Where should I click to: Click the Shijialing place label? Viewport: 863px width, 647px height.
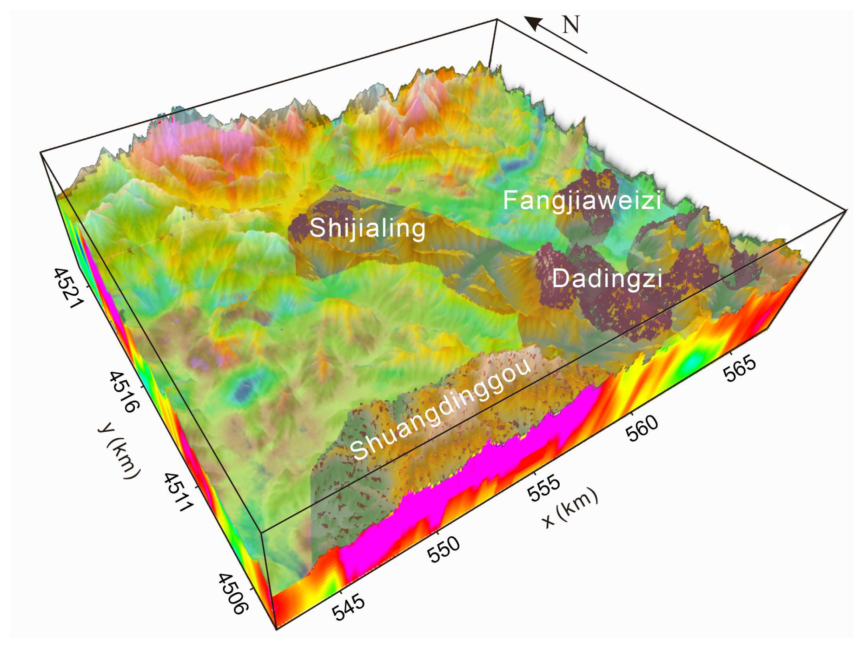pos(367,228)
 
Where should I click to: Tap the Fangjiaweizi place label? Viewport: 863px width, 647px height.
pos(582,200)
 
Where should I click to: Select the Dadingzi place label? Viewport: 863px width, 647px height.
pos(607,279)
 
